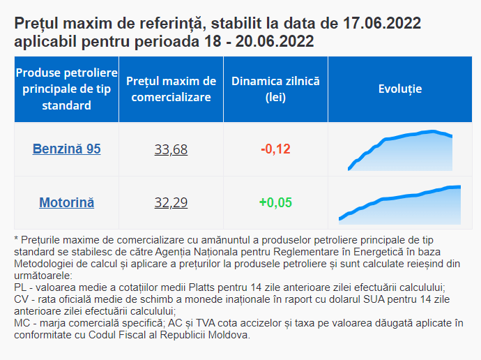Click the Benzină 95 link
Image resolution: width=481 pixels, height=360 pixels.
(66, 149)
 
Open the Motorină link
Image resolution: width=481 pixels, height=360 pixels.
(66, 203)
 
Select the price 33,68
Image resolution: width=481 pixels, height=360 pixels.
(171, 149)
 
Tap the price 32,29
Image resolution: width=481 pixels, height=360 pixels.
(171, 203)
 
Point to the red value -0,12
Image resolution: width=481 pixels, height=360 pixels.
(275, 149)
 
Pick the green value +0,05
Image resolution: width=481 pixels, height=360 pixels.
(275, 203)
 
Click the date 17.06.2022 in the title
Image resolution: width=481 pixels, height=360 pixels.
(382, 24)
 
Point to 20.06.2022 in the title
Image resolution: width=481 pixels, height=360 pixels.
(275, 42)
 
